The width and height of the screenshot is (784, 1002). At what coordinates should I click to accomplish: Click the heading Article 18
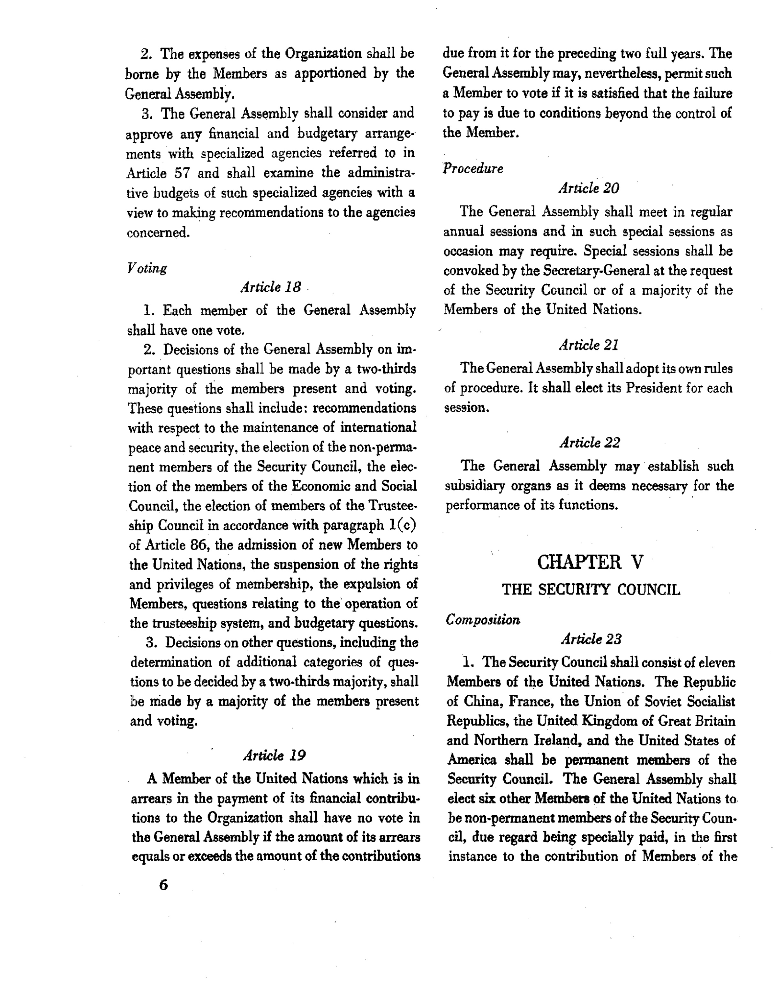click(271, 287)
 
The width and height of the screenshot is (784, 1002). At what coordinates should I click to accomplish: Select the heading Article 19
click(275, 755)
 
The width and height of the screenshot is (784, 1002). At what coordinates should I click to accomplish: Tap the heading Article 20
click(589, 188)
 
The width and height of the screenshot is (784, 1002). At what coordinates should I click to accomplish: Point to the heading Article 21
click(589, 345)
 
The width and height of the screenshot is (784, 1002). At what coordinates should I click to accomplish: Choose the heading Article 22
click(590, 443)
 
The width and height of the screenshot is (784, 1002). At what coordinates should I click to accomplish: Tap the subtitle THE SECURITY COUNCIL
click(591, 589)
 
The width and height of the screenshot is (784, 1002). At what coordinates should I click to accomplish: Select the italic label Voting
click(147, 268)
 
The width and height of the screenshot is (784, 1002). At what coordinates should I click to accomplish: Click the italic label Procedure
click(473, 169)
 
